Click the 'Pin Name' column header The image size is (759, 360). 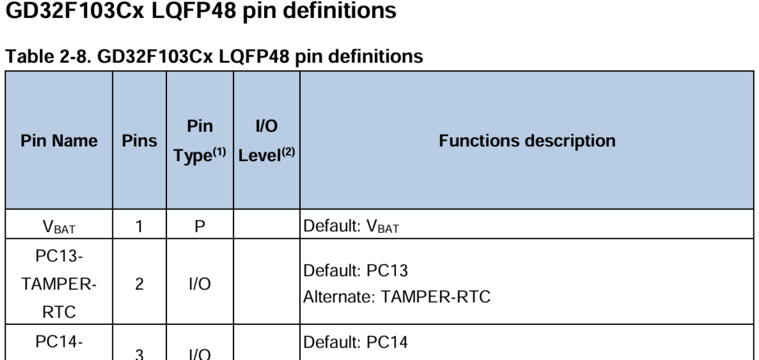point(59,141)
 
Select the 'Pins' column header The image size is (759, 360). point(140,141)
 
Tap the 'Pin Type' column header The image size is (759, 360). point(199,141)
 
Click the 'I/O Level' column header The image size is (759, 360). point(266,141)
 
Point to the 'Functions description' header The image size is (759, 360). point(527,141)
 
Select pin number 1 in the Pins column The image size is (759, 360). point(140,227)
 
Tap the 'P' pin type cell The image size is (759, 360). point(199,227)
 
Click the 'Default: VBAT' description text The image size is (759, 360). point(351,228)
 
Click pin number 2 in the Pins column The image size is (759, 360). point(140,284)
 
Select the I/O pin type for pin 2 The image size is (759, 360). point(199,284)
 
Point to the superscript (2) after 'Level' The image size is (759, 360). point(288,153)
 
